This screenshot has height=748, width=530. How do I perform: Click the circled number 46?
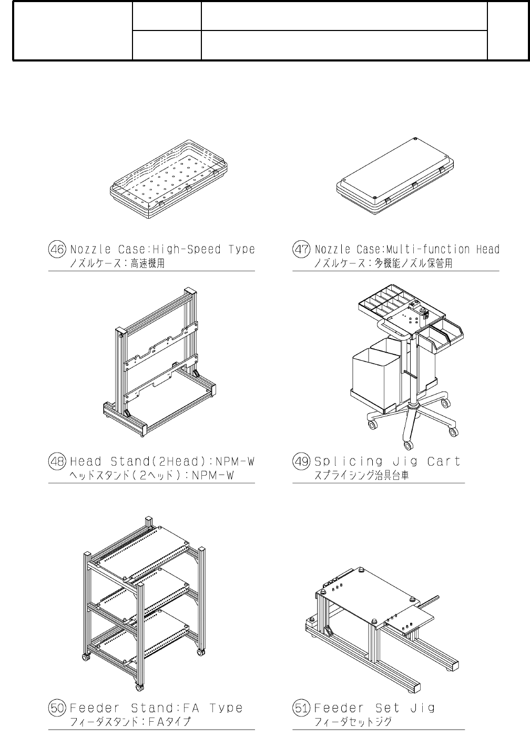[x=58, y=249]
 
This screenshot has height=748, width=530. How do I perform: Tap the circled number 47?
[x=302, y=249]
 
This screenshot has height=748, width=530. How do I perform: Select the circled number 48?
[x=58, y=462]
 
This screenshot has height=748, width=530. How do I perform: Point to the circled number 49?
[x=302, y=462]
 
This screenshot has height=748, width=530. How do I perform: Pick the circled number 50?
[x=58, y=708]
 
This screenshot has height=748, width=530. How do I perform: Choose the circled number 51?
[x=302, y=708]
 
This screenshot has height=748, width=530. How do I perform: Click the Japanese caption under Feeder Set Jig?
[x=353, y=722]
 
